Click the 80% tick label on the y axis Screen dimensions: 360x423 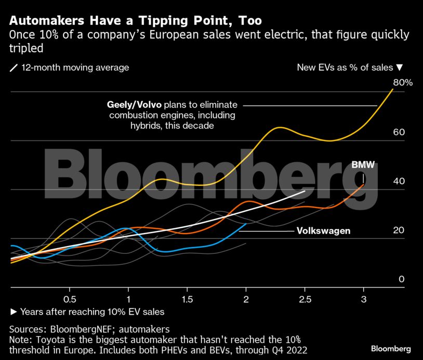(x=403, y=82)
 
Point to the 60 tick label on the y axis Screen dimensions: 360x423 (x=399, y=132)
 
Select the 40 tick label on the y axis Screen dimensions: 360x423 (x=399, y=182)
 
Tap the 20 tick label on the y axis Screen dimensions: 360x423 (x=399, y=230)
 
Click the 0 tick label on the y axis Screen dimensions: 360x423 (x=401, y=279)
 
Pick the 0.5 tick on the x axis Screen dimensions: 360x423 (x=70, y=300)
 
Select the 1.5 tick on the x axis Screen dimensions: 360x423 (x=187, y=300)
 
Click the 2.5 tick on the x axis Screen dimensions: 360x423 (x=305, y=300)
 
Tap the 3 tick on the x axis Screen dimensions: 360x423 (x=363, y=300)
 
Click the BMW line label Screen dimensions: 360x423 (x=363, y=164)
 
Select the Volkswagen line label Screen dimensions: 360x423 (x=323, y=230)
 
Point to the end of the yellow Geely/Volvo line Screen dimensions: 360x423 (x=393, y=89)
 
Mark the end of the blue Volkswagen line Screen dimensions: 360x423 (x=246, y=224)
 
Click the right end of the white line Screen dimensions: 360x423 (x=305, y=191)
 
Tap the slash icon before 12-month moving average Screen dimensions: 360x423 (x=14, y=68)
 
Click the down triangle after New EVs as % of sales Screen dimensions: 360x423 (x=400, y=68)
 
